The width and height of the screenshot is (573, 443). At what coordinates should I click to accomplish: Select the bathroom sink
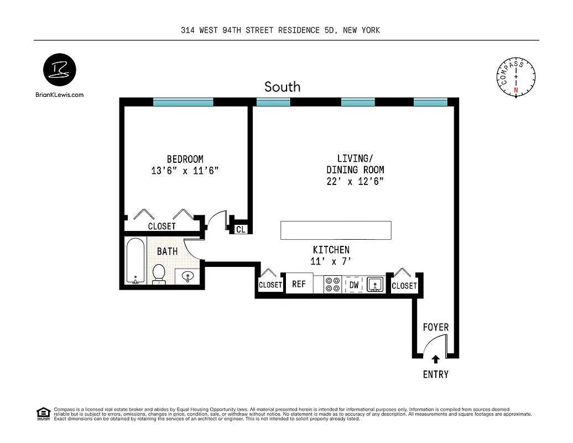188,276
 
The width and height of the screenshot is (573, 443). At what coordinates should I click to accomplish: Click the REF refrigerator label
299,284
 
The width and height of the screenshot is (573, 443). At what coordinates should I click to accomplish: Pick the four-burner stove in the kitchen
332,284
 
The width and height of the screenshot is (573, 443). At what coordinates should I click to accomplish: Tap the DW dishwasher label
354,285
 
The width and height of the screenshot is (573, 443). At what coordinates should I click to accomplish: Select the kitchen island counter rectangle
336,230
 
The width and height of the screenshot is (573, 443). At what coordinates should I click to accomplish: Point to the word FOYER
436,327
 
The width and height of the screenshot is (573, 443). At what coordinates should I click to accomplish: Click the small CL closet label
241,229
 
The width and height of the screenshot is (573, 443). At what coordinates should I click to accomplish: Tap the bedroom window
183,102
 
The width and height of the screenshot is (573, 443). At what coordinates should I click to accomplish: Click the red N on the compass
516,90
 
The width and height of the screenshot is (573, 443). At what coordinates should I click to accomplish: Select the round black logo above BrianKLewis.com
59,70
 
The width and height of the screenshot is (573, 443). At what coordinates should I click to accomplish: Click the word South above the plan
282,87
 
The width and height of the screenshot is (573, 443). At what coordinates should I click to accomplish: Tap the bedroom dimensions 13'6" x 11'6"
185,171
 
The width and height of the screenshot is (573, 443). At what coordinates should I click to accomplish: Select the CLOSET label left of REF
270,285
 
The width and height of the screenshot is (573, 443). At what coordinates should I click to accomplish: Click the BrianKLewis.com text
59,95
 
